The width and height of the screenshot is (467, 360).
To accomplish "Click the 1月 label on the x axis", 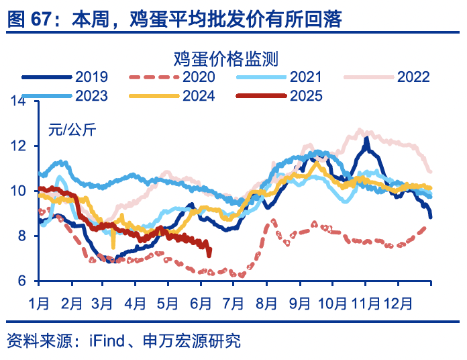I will [x=39, y=304].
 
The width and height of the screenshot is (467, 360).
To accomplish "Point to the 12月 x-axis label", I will [x=398, y=304].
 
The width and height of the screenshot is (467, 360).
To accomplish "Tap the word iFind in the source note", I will [x=107, y=342].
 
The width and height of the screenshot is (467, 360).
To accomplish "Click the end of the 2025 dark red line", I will [x=209, y=254].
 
